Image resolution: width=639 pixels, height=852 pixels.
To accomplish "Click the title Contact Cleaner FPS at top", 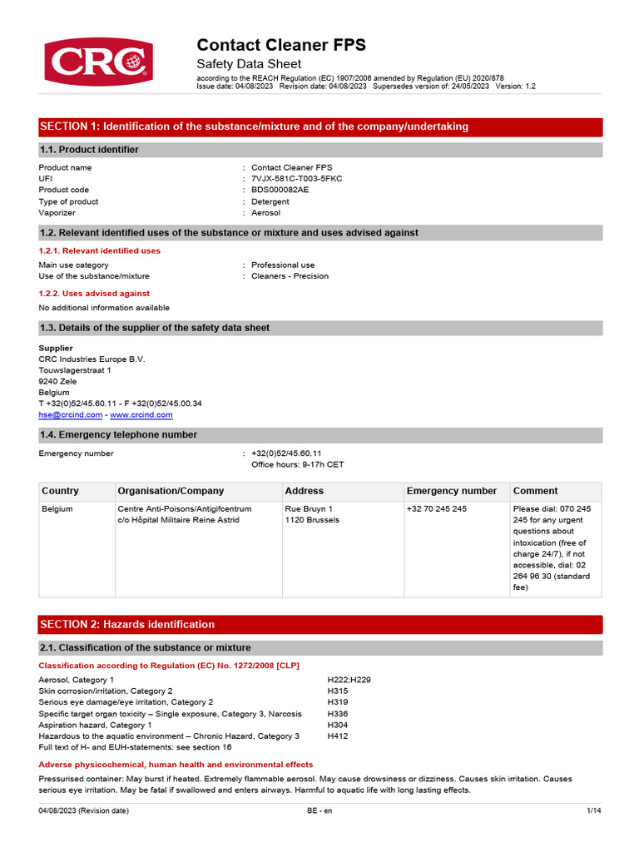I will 280,45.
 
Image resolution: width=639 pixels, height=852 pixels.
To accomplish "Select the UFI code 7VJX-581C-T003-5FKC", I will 296,179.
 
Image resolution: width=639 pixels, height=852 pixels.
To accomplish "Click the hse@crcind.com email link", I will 71,414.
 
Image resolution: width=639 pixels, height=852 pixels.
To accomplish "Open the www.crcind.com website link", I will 141,414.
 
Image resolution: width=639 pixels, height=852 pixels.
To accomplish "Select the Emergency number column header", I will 451,491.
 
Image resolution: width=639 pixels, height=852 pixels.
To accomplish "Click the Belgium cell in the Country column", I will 57,508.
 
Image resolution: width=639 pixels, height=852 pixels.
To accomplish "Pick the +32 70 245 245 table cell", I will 437,508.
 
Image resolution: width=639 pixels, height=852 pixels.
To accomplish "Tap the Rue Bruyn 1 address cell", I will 309,508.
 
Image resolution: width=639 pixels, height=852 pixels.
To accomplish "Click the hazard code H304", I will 338,726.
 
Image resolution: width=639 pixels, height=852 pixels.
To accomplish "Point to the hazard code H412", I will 338,736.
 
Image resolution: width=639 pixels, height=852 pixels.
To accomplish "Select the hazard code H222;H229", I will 349,680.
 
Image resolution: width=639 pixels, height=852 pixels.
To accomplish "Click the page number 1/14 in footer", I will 593,810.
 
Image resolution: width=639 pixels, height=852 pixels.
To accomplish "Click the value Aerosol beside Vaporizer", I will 266,213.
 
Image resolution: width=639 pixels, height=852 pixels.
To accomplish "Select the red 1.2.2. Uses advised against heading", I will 95,293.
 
